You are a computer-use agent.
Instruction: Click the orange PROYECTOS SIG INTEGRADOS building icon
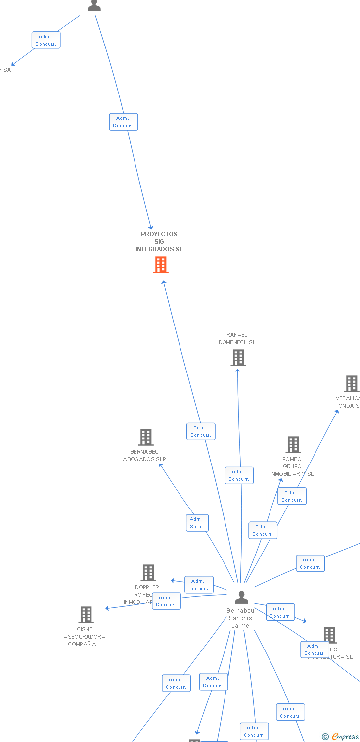[161, 265]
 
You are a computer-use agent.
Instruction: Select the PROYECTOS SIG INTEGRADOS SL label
[159, 242]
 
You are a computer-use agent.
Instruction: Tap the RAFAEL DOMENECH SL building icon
[238, 357]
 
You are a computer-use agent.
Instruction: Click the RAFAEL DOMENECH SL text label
[237, 339]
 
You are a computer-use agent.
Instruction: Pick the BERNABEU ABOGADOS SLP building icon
[146, 437]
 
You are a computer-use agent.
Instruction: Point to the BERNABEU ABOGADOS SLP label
[144, 456]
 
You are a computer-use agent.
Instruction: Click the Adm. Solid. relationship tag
[197, 523]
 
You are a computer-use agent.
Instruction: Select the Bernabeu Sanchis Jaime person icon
[241, 598]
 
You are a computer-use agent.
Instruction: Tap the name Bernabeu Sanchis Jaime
[240, 618]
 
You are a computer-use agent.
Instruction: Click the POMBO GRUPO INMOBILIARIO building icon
[293, 445]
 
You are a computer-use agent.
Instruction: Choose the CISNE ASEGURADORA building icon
[86, 615]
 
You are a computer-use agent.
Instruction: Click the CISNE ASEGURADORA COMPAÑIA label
[85, 637]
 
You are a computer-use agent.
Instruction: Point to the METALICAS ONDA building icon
[352, 384]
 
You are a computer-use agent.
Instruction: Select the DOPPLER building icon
[148, 573]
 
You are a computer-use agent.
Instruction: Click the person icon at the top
[94, 5]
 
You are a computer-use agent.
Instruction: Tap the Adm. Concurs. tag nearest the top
[46, 40]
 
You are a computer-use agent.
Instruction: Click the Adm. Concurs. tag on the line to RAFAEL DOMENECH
[239, 475]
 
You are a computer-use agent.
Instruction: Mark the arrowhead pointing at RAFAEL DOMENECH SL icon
[238, 370]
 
